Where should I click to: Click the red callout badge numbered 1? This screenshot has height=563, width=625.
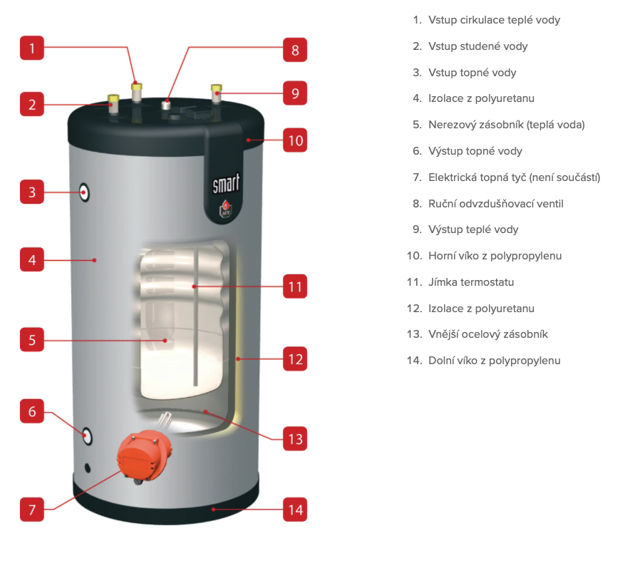coord(32,48)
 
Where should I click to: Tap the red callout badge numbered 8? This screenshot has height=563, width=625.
coord(295,50)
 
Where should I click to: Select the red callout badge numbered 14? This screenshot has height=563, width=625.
coord(295,510)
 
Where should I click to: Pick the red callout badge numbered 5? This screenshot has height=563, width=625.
coord(32,340)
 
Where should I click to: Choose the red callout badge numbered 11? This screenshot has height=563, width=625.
coord(295,286)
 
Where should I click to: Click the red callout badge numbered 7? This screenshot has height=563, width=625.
coord(32,510)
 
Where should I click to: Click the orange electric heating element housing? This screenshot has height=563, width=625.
coord(144,457)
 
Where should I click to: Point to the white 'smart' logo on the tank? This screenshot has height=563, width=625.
coord(226,184)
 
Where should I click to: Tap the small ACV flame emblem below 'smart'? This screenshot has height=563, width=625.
coord(226,209)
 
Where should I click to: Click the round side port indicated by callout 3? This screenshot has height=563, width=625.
coord(84,192)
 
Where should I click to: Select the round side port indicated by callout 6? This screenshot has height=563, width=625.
coord(87,436)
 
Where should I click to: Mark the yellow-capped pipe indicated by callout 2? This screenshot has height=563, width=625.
coord(113,104)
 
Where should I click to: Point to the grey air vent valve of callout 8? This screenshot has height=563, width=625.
coord(166,105)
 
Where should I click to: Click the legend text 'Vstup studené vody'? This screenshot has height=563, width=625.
coord(478,46)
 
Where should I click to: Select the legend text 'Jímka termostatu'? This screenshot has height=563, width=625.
coord(471,282)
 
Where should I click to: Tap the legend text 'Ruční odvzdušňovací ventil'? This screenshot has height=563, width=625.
coord(496,204)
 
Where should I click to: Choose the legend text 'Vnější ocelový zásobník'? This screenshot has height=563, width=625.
coord(488,334)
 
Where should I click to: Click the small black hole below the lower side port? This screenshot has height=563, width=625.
coord(88,468)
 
